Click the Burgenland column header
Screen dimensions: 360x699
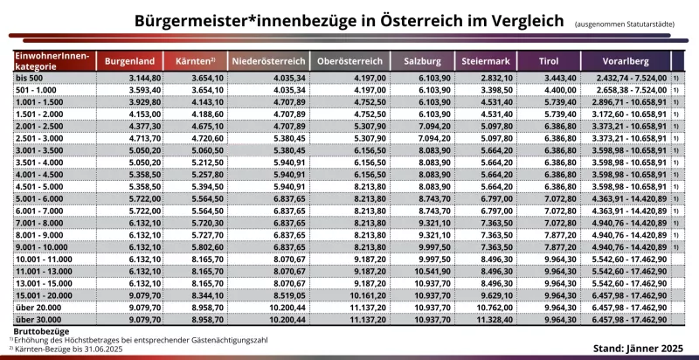point(129,62)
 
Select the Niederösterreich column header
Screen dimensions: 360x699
point(267,62)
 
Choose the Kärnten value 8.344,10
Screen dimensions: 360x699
point(198,296)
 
